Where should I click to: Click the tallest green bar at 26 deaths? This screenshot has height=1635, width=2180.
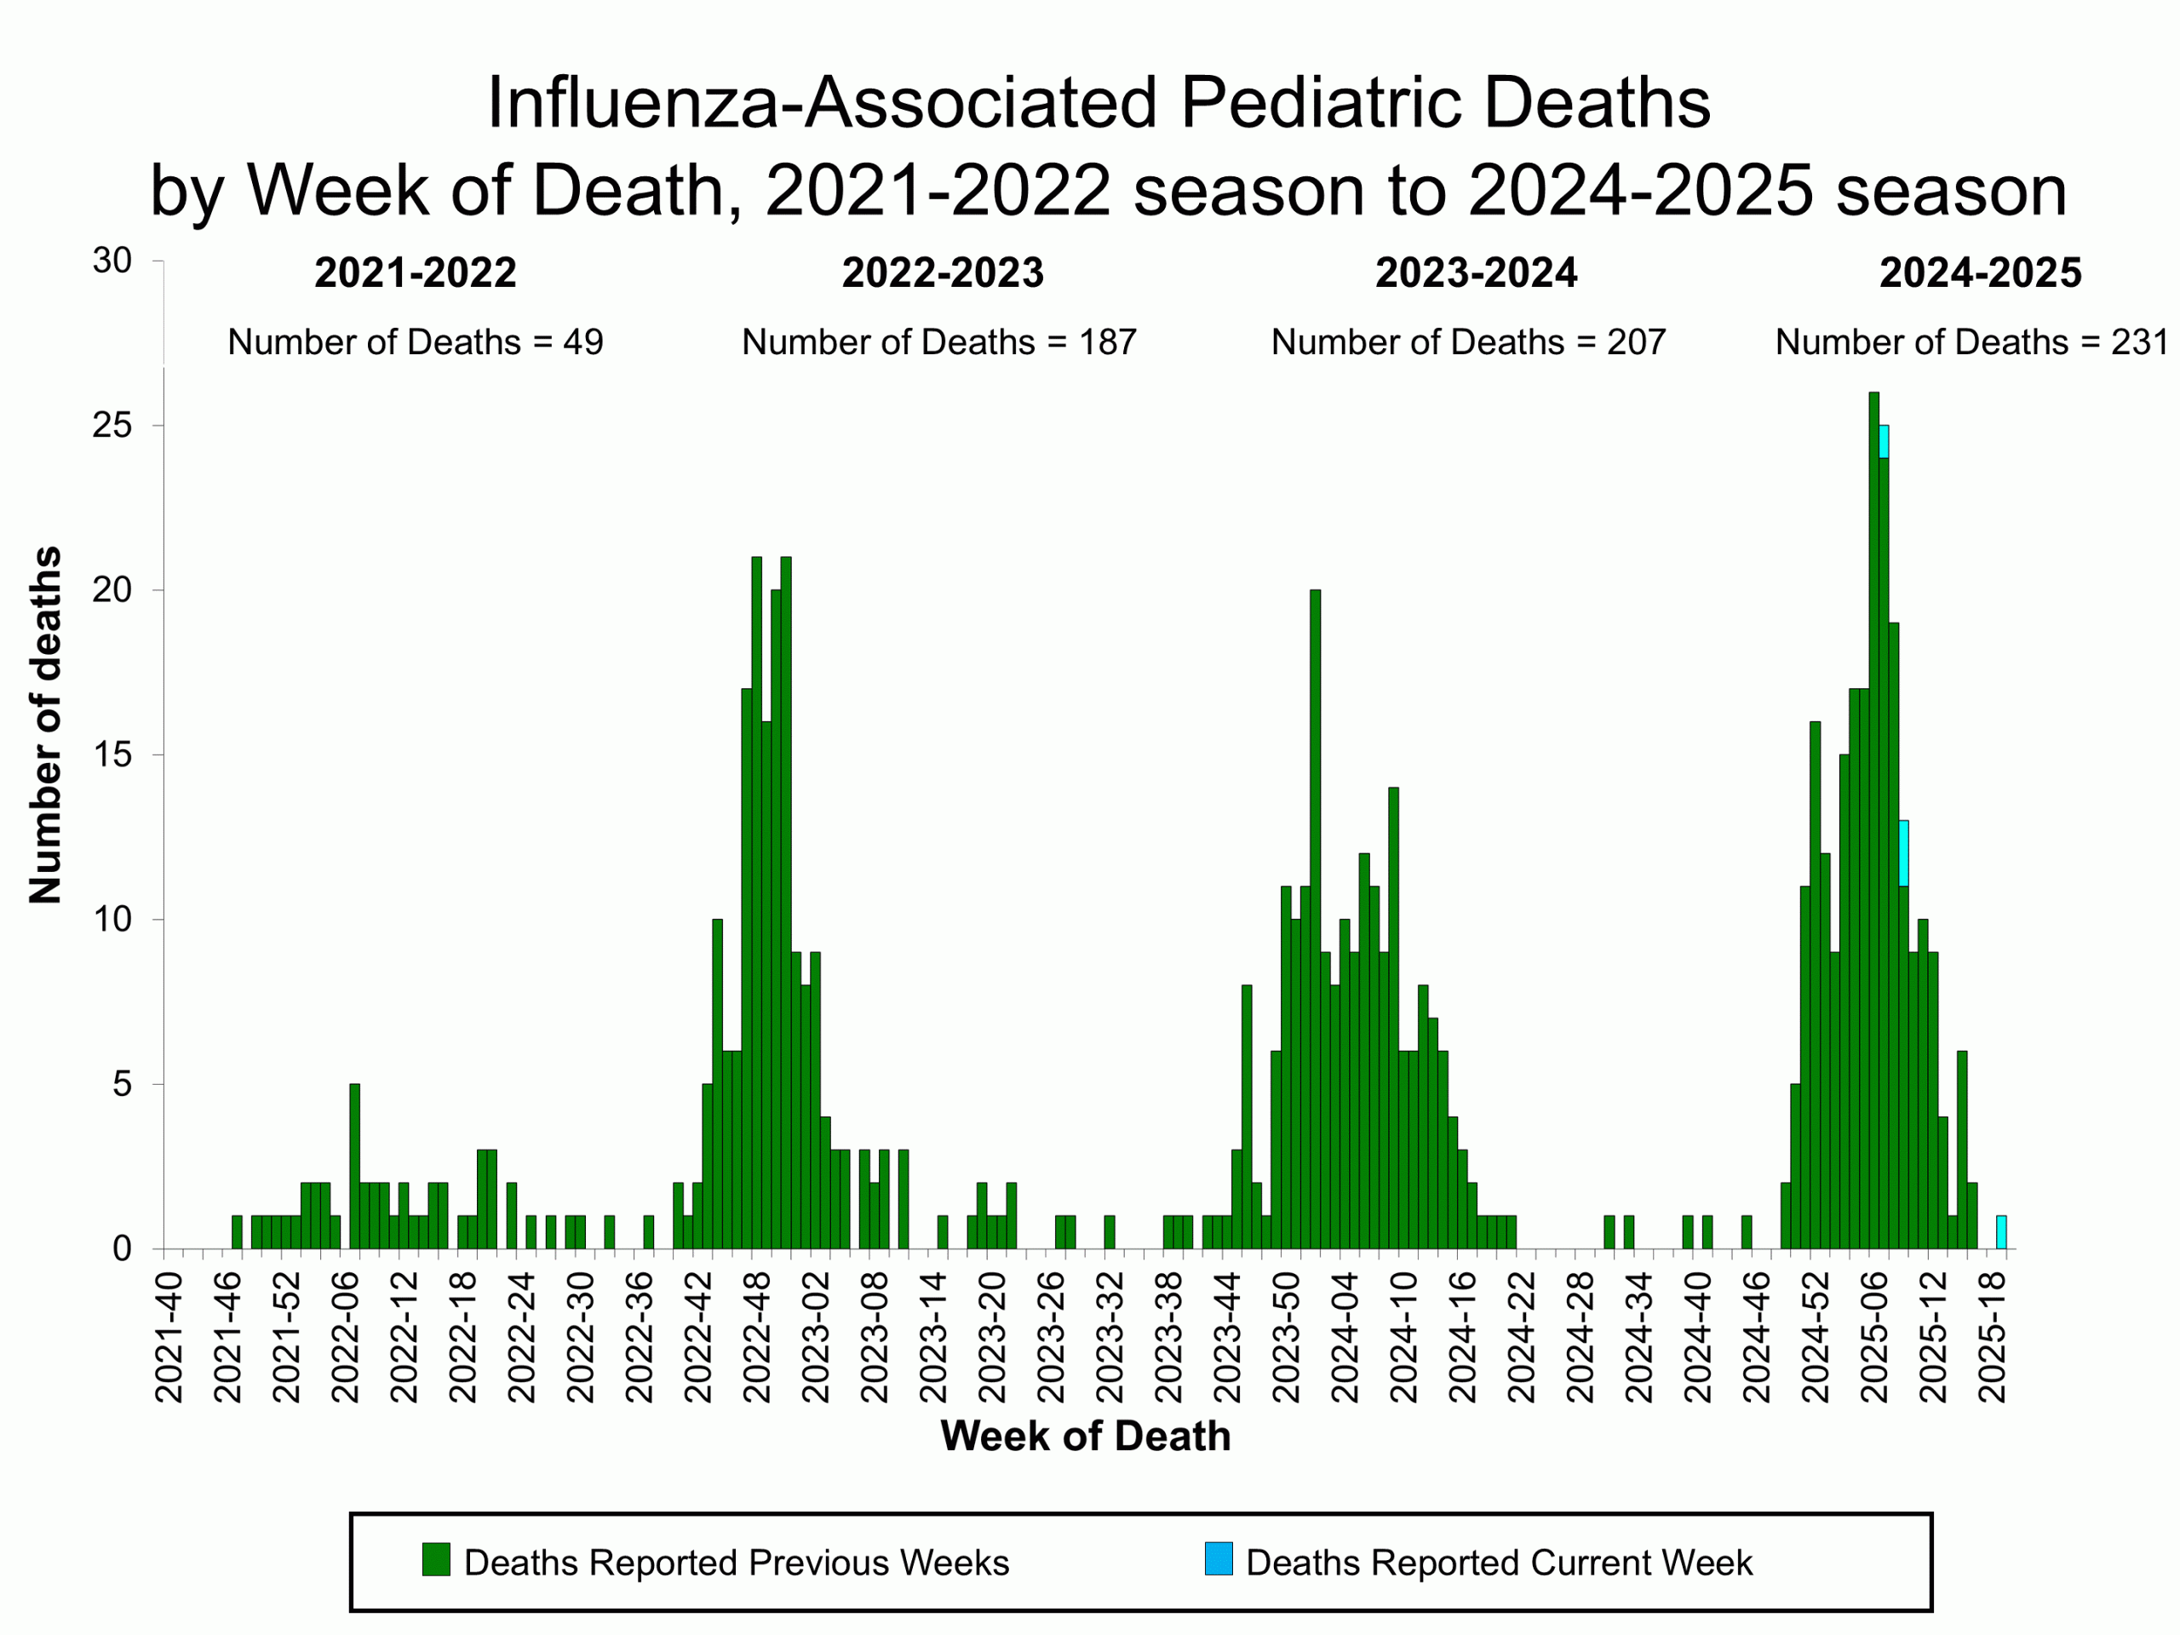coord(1873,818)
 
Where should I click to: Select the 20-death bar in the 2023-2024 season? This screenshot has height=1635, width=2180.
coord(1315,916)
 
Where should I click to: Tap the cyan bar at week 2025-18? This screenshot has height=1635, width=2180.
coord(2000,1232)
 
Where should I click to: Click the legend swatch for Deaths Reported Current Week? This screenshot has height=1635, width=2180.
coord(1218,1559)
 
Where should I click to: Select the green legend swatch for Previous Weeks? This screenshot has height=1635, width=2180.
coord(436,1559)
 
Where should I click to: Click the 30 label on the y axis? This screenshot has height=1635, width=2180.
coord(112,261)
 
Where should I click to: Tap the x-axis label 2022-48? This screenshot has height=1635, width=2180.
coord(757,1337)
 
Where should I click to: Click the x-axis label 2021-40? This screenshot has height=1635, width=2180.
coord(169,1337)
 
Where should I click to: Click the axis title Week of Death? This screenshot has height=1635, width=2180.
coord(1085,1436)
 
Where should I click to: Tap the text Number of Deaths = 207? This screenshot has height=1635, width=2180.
coord(1467,342)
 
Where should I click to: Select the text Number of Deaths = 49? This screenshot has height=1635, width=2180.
coord(415,342)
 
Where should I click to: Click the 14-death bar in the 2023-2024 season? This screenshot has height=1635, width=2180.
coord(1393,1015)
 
